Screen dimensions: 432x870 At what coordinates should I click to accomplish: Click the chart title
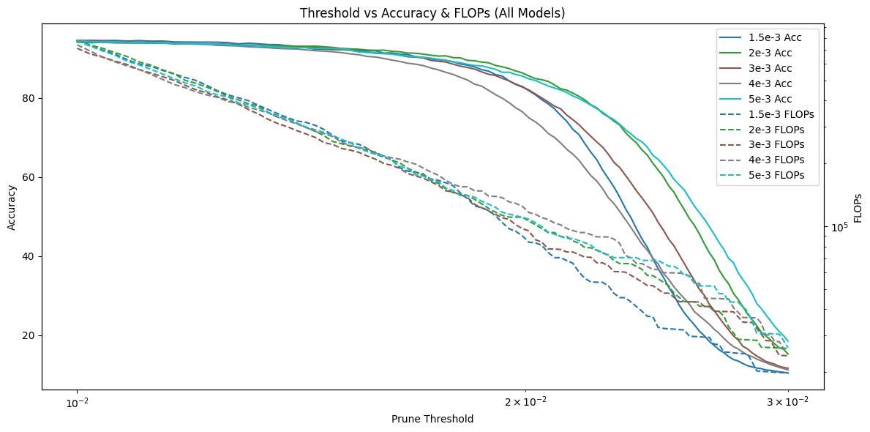432,13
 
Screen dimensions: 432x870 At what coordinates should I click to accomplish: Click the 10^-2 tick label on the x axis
77,402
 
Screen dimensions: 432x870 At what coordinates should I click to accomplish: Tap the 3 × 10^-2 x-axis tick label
787,402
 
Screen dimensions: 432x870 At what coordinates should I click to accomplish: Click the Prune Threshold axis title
432,419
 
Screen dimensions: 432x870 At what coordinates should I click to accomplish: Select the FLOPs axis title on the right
857,207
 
